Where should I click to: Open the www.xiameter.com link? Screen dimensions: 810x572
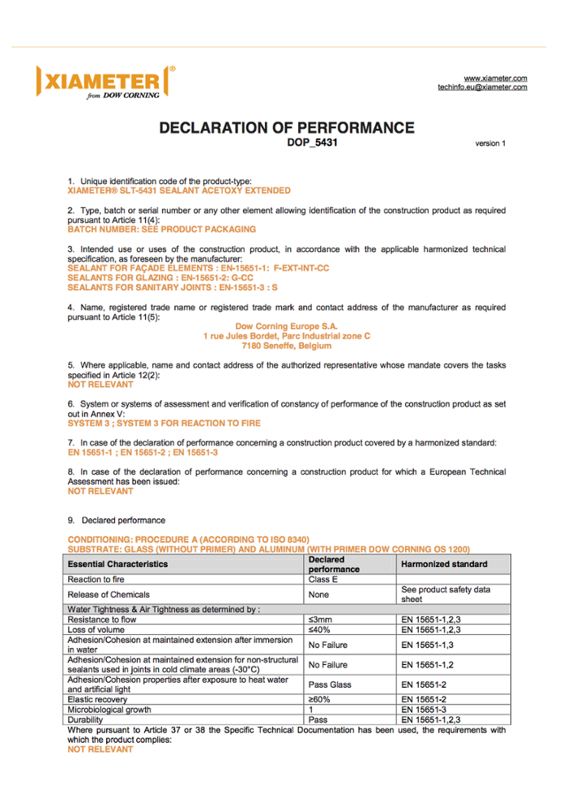tap(495, 77)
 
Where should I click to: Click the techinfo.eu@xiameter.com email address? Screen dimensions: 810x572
tap(482, 87)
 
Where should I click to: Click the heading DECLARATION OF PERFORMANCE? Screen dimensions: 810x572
tap(286, 128)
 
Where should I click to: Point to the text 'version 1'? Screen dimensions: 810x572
tap(490, 143)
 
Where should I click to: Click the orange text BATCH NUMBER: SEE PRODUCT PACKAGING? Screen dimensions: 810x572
tap(161, 229)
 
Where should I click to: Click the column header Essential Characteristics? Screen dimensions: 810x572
tap(118, 564)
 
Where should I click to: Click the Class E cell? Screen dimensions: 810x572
tap(323, 579)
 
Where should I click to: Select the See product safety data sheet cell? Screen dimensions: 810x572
tap(446, 595)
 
